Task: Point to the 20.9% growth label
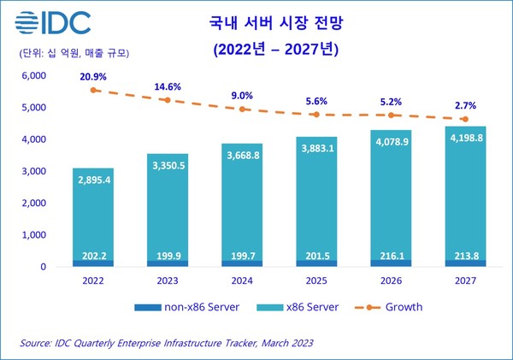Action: pos(93,76)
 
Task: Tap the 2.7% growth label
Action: pos(465,105)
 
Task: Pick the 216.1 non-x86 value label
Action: pos(391,255)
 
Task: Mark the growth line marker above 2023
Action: pos(168,100)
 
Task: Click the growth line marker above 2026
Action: pos(391,115)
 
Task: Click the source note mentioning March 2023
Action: pos(167,343)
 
